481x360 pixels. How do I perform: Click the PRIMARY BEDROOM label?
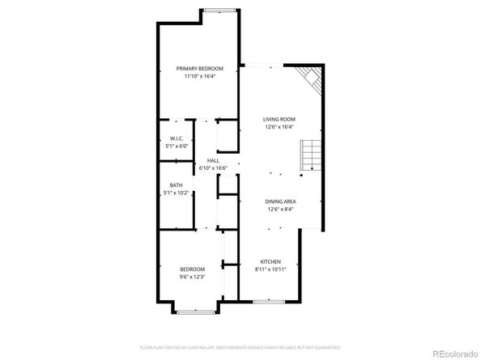[199, 69]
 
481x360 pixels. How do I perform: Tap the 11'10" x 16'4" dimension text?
[199, 77]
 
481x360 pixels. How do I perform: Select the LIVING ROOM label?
[279, 119]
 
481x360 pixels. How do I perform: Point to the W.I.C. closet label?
[176, 139]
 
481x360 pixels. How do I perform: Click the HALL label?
[213, 161]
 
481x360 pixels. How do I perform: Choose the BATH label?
[176, 186]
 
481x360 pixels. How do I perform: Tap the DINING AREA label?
[280, 201]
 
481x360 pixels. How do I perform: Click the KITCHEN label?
[270, 261]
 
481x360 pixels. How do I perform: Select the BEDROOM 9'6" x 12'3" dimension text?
[192, 277]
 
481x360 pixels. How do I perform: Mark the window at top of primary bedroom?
[219, 10]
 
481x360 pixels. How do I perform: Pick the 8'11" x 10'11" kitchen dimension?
[270, 269]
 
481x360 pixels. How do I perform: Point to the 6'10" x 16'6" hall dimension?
[213, 168]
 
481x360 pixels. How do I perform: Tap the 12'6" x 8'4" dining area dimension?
[280, 210]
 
